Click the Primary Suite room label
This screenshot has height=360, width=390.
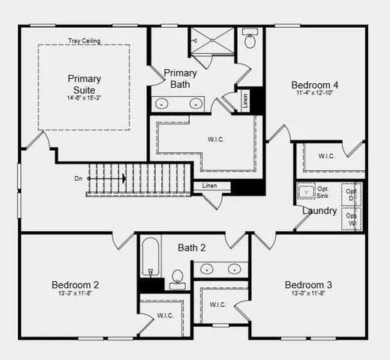tap(84, 83)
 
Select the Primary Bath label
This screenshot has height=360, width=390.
tap(181, 78)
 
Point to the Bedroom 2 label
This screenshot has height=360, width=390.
tap(75, 285)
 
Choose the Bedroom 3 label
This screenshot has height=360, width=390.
tap(308, 285)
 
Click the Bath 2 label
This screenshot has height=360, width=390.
tap(191, 247)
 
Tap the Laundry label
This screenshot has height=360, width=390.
tap(319, 211)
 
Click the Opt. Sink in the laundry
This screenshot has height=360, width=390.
tap(307, 192)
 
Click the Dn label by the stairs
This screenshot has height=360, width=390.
tap(78, 178)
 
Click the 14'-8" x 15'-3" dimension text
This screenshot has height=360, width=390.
tap(84, 97)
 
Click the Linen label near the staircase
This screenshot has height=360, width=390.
tap(210, 185)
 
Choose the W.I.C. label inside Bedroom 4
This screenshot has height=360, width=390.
tap(326, 156)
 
